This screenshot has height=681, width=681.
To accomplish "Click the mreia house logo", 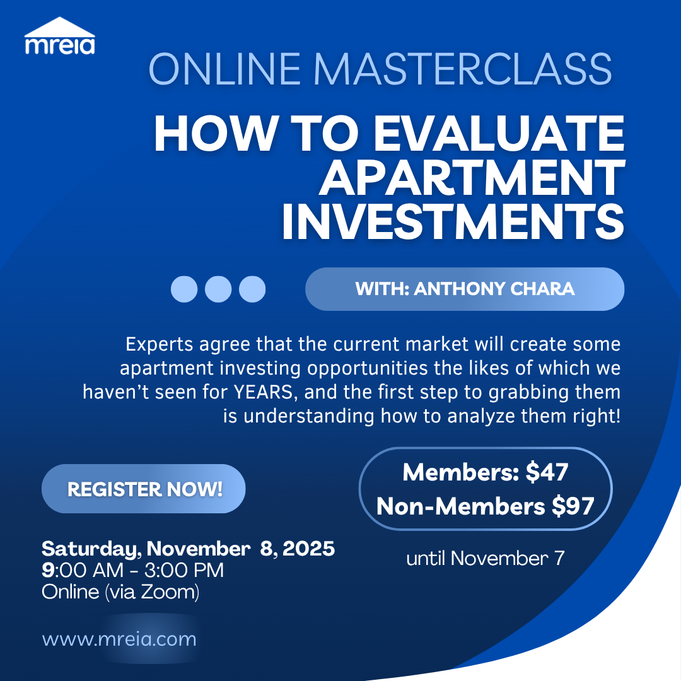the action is pos(60,35).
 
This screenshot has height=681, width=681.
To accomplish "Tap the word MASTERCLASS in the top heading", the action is pos(463,69).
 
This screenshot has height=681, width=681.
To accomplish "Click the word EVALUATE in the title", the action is pos(499,133).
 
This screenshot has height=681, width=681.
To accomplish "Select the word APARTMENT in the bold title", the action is pos(472,178).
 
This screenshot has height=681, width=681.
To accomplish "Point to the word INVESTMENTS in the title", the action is pos(453,221).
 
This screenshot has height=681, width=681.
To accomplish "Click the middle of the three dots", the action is pos(218,289).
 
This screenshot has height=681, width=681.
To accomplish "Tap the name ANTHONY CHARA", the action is pos(494,289).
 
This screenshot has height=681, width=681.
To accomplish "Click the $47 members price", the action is pos(547,472).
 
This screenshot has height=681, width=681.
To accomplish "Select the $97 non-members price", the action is pos(573,506).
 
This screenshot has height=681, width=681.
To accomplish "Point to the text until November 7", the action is pos(485,559).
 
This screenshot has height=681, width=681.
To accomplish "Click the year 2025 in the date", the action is pos(308,549).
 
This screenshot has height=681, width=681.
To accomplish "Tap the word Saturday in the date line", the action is pos(91,549).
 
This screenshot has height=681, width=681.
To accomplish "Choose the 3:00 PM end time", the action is pos(184,570).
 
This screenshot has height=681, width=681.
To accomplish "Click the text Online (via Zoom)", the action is pos(120,592).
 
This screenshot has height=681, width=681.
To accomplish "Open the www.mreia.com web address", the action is pos(119,639).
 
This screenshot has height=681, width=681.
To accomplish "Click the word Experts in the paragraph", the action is pos(160,345).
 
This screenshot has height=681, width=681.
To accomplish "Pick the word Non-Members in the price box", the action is pos(460,506).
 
